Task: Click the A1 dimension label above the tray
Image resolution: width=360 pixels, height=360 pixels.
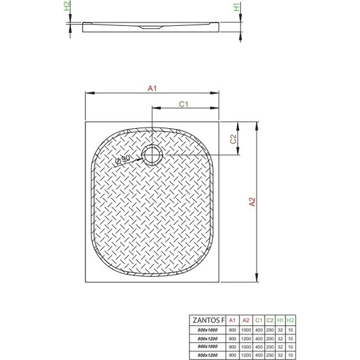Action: click(152, 89)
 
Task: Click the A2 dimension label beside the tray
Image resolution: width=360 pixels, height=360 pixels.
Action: click(251, 202)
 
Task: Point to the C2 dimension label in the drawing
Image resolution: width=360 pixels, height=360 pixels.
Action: click(232, 139)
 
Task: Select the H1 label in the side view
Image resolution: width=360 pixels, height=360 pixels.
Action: click(236, 9)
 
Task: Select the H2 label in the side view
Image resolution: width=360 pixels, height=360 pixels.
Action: click(68, 8)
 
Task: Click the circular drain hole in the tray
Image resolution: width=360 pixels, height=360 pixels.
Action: click(152, 154)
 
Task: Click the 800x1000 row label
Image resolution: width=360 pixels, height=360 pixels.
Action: click(208, 329)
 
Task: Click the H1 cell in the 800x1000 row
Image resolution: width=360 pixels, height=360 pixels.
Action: click(281, 329)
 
